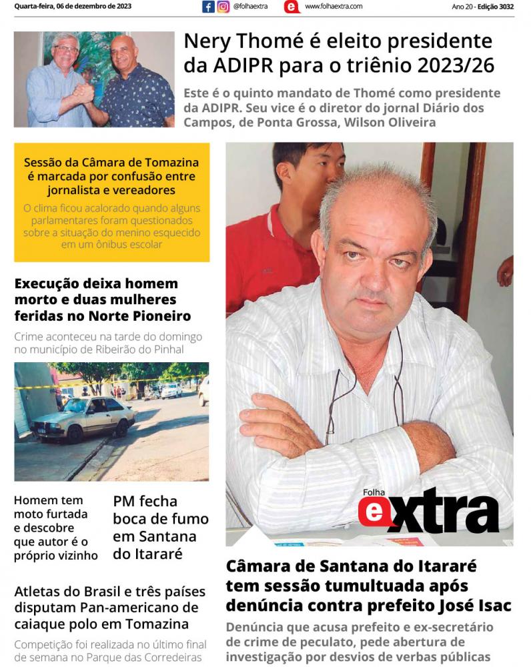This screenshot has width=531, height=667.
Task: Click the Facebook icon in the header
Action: (208, 7)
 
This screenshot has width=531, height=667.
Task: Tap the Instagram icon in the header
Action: (223, 7)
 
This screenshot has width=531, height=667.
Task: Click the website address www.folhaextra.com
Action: (334, 7)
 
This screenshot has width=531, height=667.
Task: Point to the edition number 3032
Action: (504, 7)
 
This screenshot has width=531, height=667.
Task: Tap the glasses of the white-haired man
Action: (65, 49)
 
